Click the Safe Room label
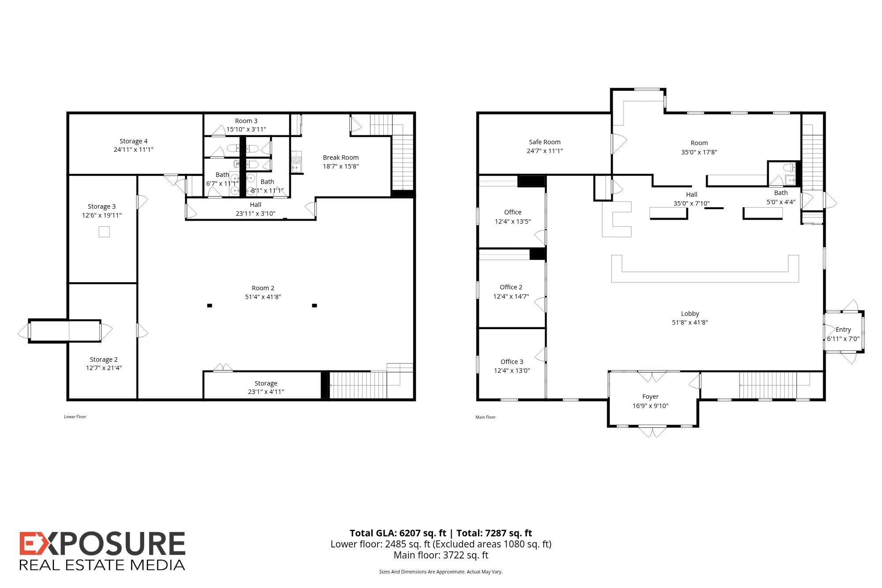545,142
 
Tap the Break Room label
340,157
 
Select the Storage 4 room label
134,141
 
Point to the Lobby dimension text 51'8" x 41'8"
690,322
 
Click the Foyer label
650,397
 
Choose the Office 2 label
511,287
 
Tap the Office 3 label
512,362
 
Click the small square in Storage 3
104,232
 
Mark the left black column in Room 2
209,305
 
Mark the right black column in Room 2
314,305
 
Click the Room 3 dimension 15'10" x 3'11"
246,129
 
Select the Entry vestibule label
843,330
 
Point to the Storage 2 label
104,360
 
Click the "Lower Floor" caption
75,417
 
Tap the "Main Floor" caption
486,417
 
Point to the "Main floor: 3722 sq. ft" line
441,555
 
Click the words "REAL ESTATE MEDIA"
102,565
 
